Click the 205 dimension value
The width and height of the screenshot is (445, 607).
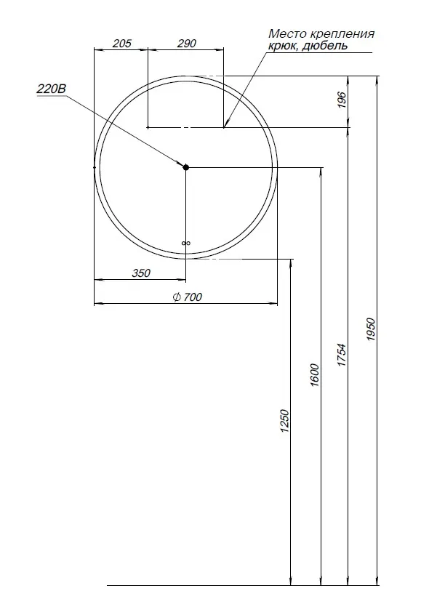[x=122, y=44]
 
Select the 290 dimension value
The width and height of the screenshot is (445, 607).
[x=187, y=44]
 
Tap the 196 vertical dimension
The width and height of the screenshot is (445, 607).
[x=342, y=100]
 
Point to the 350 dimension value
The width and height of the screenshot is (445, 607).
[x=140, y=273]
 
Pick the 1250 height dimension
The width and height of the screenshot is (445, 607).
[x=284, y=422]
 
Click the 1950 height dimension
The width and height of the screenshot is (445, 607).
[x=370, y=331]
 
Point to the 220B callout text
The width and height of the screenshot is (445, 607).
[x=51, y=89]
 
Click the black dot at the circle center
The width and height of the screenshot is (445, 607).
[x=185, y=167]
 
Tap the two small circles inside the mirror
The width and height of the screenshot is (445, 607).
[x=185, y=243]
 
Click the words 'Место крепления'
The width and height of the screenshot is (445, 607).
[x=321, y=33]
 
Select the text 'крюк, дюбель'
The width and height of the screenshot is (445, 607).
[x=308, y=46]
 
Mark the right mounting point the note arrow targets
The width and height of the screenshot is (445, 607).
[x=223, y=127]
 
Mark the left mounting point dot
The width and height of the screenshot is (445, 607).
[x=148, y=127]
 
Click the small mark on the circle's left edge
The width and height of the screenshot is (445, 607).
[x=95, y=167]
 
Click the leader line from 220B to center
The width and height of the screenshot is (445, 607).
[x=124, y=129]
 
